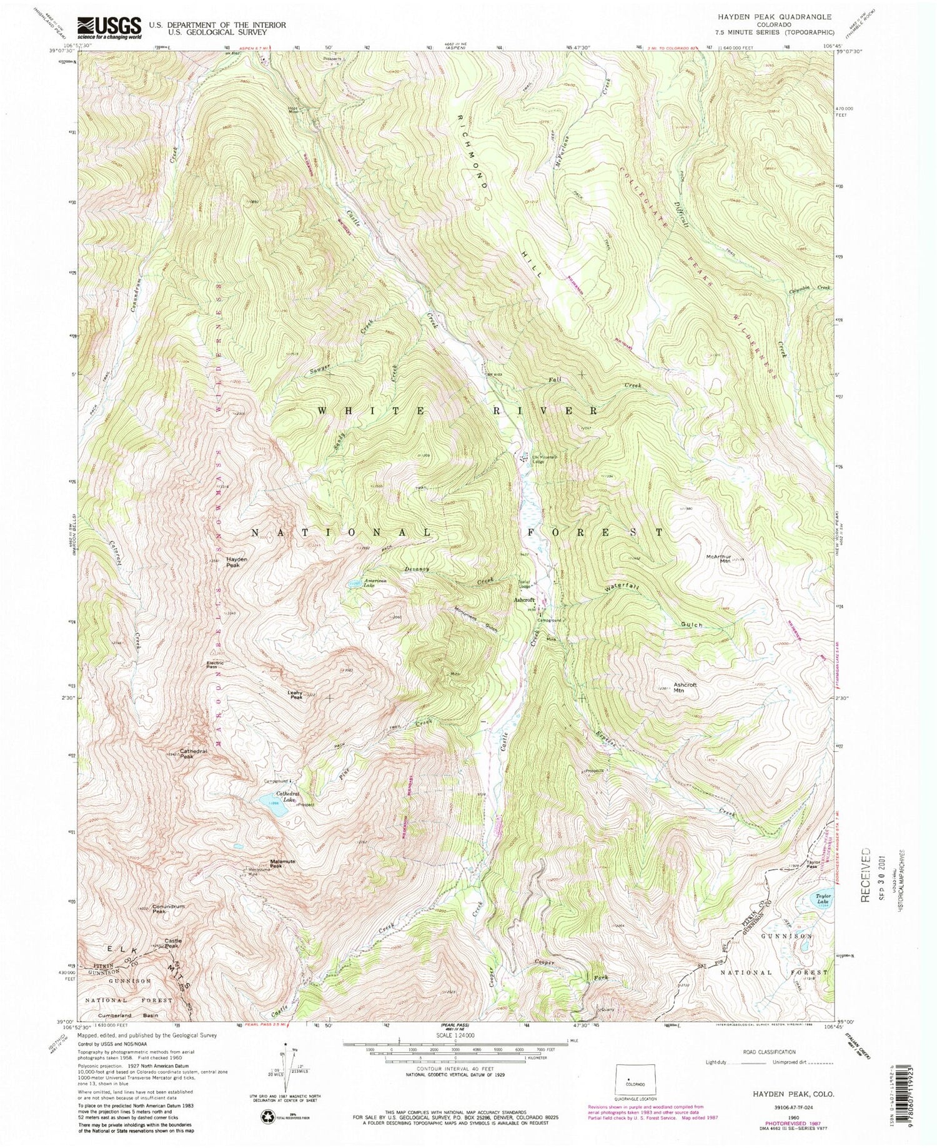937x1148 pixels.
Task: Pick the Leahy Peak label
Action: pos(295,695)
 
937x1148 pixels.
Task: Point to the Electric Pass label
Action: pos(215,664)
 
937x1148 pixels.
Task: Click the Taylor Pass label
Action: pos(811,864)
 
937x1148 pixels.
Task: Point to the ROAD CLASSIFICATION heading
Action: pos(769,1052)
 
